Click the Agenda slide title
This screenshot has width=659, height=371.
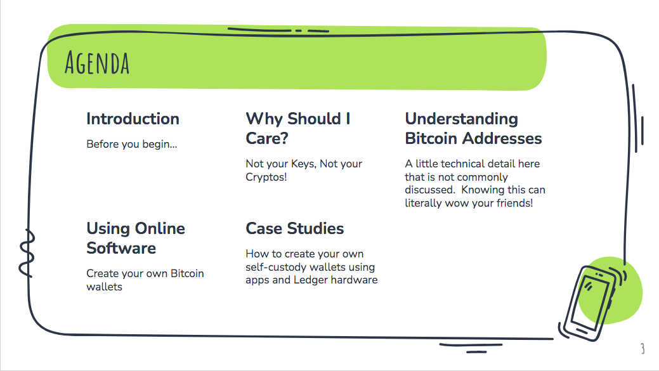pyautogui.click(x=97, y=63)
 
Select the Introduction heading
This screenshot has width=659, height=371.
pyautogui.click(x=133, y=119)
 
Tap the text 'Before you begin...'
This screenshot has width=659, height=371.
pyautogui.click(x=131, y=144)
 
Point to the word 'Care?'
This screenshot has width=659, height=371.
pyautogui.click(x=267, y=138)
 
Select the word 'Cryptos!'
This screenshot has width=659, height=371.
pyautogui.click(x=266, y=177)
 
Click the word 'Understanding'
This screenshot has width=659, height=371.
pyautogui.click(x=462, y=119)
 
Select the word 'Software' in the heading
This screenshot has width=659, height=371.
pyautogui.click(x=121, y=248)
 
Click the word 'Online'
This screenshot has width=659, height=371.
pyautogui.click(x=159, y=228)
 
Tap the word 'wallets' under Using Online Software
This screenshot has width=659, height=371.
pyautogui.click(x=104, y=287)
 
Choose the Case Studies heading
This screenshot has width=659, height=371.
pyautogui.click(x=295, y=228)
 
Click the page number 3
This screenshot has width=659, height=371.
pyautogui.click(x=643, y=348)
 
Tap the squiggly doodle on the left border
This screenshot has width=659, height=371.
pyautogui.click(x=27, y=253)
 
